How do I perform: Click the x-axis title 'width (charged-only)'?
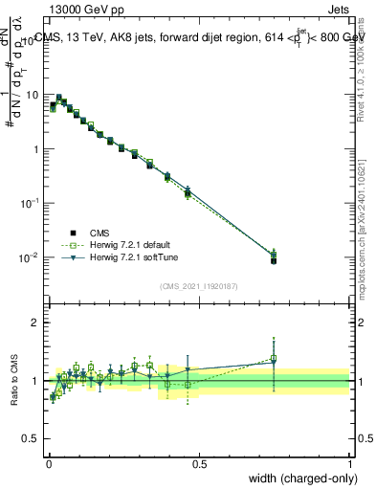[299, 479]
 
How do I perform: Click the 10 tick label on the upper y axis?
[33, 96]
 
